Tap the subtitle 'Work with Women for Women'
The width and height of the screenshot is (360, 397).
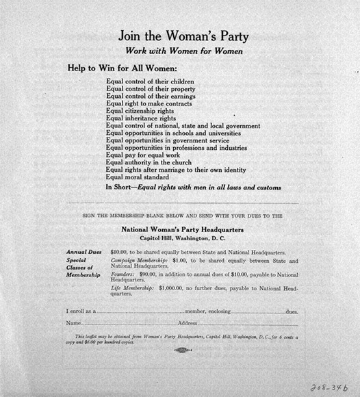pyautogui.click(x=179, y=51)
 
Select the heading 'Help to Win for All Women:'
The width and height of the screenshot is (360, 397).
pyautogui.click(x=123, y=68)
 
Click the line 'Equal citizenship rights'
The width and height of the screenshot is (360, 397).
pyautogui.click(x=141, y=111)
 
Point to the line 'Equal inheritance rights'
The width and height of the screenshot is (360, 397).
pyautogui.click(x=142, y=118)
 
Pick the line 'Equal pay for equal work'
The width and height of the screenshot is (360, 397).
pyautogui.click(x=142, y=155)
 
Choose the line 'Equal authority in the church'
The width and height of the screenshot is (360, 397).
pyautogui.click(x=149, y=162)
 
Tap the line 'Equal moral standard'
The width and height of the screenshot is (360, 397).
pyautogui.click(x=138, y=177)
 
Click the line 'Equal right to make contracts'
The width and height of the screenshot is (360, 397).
pyautogui.click(x=149, y=103)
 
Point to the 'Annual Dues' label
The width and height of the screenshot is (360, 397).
pyautogui.click(x=83, y=253)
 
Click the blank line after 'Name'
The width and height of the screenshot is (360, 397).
pyautogui.click(x=125, y=323)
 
